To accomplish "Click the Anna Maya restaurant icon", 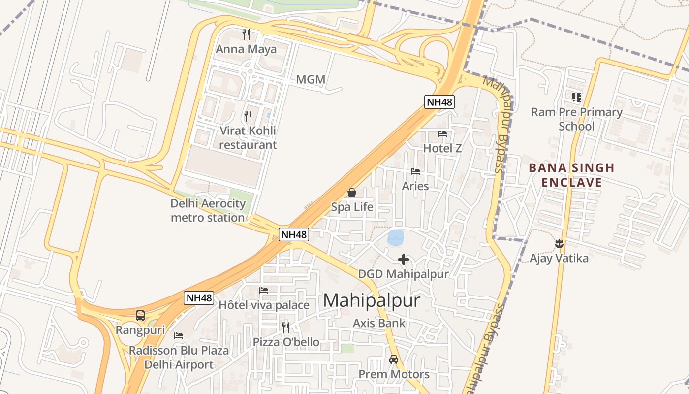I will tap(246, 34).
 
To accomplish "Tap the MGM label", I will tap(311, 79).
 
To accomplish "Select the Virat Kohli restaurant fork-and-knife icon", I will tap(248, 116).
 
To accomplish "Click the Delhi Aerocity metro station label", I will tap(208, 211).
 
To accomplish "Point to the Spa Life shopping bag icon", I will tap(352, 193).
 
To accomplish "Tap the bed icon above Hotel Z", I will tap(442, 133).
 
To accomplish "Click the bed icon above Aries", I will tap(415, 171).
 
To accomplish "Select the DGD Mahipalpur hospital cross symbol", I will tap(404, 260).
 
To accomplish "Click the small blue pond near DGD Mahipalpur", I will tap(396, 238).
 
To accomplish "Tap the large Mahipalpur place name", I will tap(372, 300).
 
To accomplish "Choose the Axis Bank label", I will tap(379, 323).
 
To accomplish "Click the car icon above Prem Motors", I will tap(394, 360).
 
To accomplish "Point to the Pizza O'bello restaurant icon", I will tap(286, 327).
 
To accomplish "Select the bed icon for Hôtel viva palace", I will tap(264, 291).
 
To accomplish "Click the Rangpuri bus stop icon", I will tap(140, 316).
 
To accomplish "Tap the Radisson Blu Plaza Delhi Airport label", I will tap(179, 358).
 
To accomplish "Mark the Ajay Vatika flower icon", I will tap(559, 243).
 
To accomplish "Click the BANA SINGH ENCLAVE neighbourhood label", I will tap(571, 175).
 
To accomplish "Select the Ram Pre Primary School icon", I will tap(576, 98).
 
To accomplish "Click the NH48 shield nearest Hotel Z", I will tap(439, 102).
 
